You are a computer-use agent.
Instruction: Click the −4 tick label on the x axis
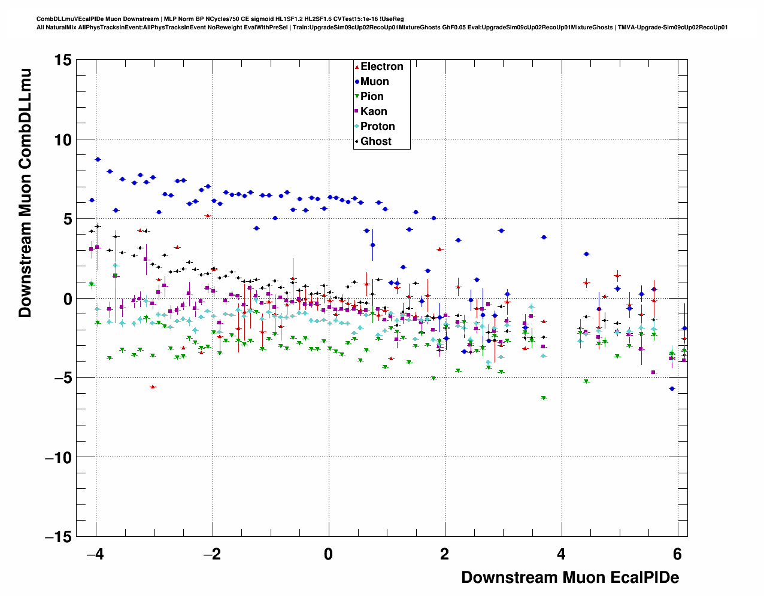pos(95,554)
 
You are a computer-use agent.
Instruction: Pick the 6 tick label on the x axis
pos(677,554)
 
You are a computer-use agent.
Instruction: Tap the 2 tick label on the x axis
pos(444,554)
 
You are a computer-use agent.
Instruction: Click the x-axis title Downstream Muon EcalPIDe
pos(570,577)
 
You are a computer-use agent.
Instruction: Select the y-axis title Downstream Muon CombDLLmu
pos(25,193)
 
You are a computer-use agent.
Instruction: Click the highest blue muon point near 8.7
pos(98,159)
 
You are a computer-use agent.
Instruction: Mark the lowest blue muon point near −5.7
pos(672,388)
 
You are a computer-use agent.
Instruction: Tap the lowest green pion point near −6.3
pos(544,398)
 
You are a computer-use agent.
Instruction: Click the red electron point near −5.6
pos(153,387)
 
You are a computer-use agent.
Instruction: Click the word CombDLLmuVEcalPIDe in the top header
pos(66,19)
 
